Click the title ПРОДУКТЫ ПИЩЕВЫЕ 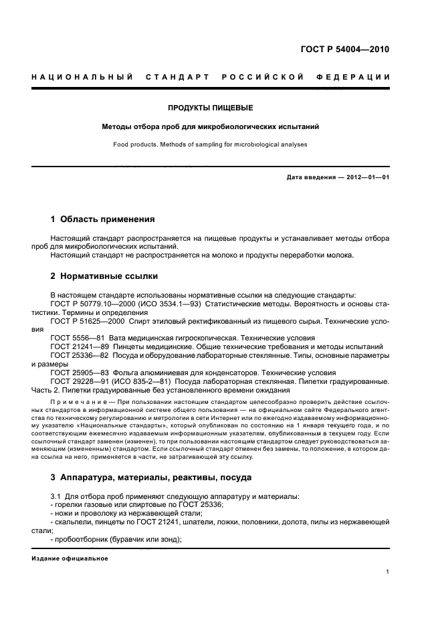point(210,108)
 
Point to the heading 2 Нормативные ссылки point(105,276)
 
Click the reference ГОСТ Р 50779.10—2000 point(95,303)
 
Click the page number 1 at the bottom point(388,571)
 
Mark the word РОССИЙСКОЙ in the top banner point(262,77)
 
